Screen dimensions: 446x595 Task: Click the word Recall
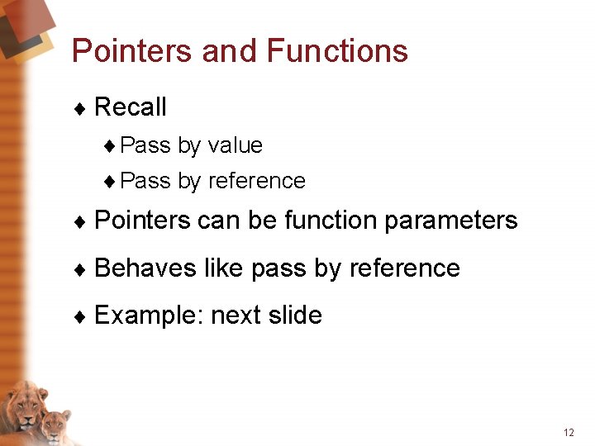[131, 107]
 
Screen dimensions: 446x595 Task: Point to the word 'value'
[236, 146]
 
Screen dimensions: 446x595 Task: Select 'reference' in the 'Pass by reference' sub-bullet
[257, 181]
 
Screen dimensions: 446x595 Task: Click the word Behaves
[145, 268]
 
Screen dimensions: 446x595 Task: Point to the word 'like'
[224, 268]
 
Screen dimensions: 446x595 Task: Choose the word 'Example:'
[149, 316]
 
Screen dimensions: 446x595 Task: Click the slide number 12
[568, 433]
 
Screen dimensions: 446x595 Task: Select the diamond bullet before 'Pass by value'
[111, 147]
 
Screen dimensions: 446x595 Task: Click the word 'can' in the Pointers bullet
[216, 221]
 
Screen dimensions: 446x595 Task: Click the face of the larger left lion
[26, 407]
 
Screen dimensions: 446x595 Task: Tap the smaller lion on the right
[55, 426]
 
